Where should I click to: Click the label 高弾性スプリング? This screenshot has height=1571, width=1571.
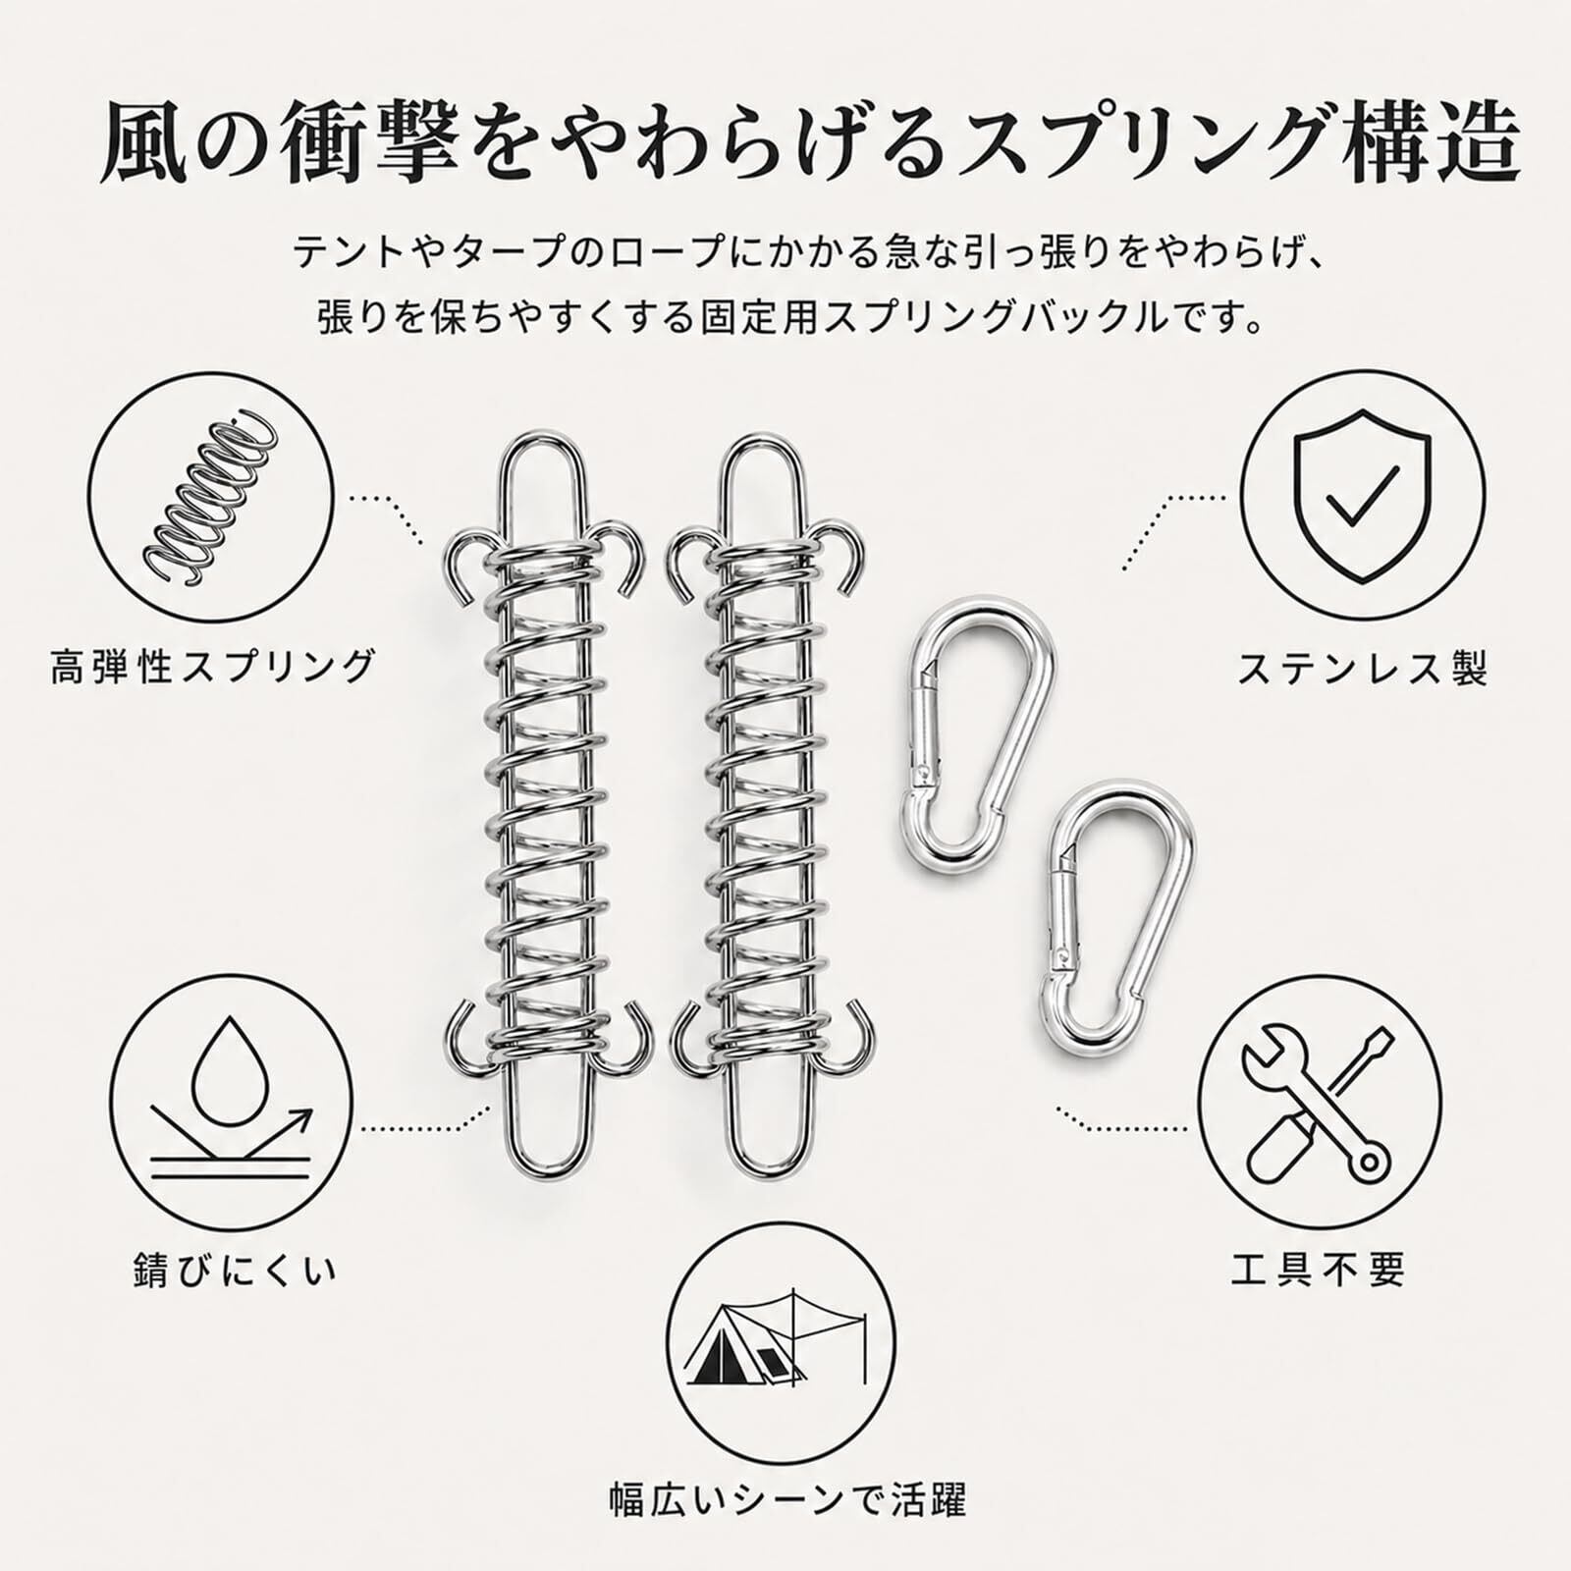click(x=213, y=667)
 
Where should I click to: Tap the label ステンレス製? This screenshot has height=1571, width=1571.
click(x=1362, y=669)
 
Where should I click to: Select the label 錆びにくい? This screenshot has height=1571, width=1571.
click(x=236, y=1271)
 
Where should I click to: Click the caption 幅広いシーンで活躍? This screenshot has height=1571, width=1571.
click(x=787, y=1499)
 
